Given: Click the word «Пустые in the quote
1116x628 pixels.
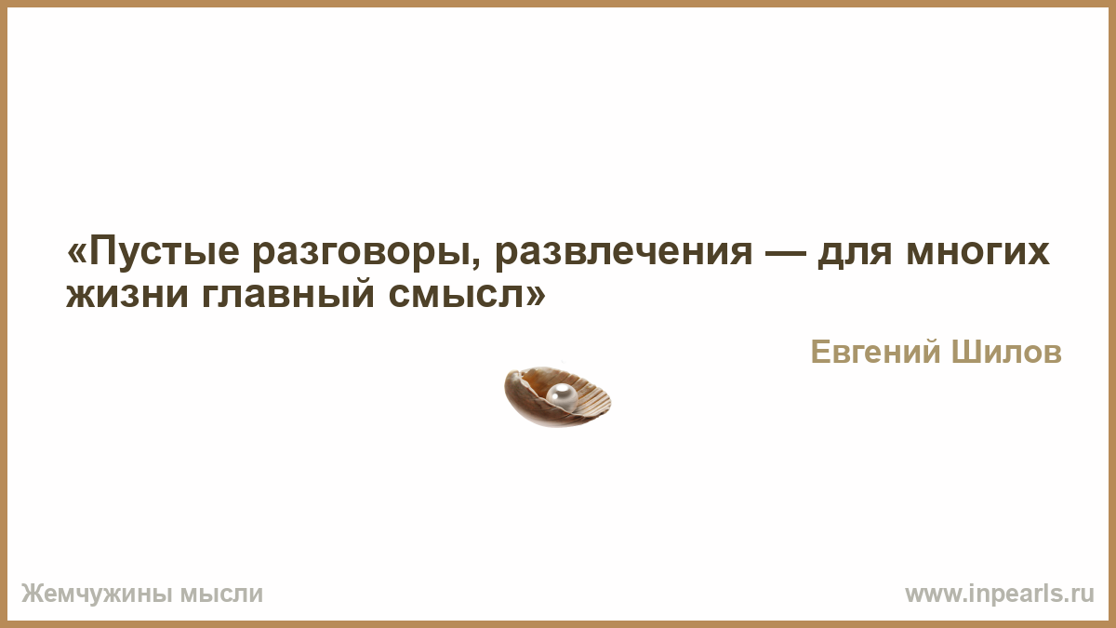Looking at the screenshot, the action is pos(153,253).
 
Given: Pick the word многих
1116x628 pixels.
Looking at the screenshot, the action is pos(978,253).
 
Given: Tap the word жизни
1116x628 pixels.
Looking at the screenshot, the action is pos(127,295).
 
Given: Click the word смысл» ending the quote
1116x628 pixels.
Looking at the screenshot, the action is pos(467,295).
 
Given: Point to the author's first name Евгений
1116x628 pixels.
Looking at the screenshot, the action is pos(877,352).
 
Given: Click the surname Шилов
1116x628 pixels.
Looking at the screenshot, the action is pos(1006,352).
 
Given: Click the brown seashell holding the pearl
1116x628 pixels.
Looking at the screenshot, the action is pos(557,396).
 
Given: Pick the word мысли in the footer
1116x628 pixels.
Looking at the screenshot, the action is pos(221,595).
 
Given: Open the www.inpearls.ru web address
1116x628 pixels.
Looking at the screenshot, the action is pos(1000,595).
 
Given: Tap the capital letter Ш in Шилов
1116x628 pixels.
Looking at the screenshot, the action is pos(966,352).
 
